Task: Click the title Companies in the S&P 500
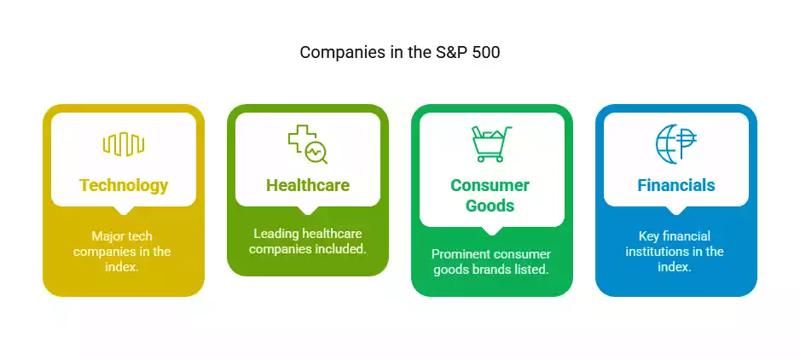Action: coord(399,52)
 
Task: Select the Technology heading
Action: coord(124,185)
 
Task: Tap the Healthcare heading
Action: coord(308,185)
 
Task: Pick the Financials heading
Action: coord(676,185)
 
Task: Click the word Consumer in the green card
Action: coord(490,185)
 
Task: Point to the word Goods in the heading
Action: coord(490,206)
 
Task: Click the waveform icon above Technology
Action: coord(124,144)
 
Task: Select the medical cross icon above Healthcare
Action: coord(302,138)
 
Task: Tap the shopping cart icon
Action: coord(492,144)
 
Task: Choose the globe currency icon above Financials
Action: coord(676,144)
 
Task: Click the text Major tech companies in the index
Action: coord(124,252)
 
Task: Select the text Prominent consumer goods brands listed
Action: coord(491,262)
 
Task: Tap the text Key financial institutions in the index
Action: coord(676,252)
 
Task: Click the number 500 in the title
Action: coord(484,52)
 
